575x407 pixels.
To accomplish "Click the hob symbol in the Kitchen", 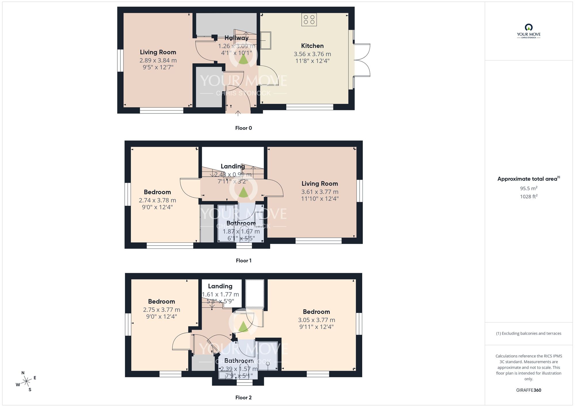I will coord(309,20).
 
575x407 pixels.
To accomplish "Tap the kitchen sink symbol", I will coord(266,40).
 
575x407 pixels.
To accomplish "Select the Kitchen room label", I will coord(312,46).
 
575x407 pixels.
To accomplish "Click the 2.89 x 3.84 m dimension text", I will coord(158,60).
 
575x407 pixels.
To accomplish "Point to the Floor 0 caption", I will coord(244,128).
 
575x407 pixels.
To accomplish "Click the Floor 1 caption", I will coord(244,260).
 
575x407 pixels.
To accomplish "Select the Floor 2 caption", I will coord(244,398).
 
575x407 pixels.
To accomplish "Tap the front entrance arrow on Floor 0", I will coord(238,113).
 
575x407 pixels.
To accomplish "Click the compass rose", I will coord(26,382).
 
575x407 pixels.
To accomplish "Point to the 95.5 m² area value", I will coord(528,189).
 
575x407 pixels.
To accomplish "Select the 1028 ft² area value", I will coord(528,197).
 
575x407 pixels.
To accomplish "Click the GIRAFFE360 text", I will coord(528,390).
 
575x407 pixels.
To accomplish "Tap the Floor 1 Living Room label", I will coord(320,184).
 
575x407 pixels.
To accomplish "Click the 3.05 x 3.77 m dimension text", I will coord(317,320).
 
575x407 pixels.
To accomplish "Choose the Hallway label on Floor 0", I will coord(236,38).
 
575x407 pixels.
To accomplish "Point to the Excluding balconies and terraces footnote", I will coord(528,333).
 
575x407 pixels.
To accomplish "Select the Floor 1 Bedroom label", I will coord(157,192).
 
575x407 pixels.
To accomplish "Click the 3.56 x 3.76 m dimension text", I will coord(312,54).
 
